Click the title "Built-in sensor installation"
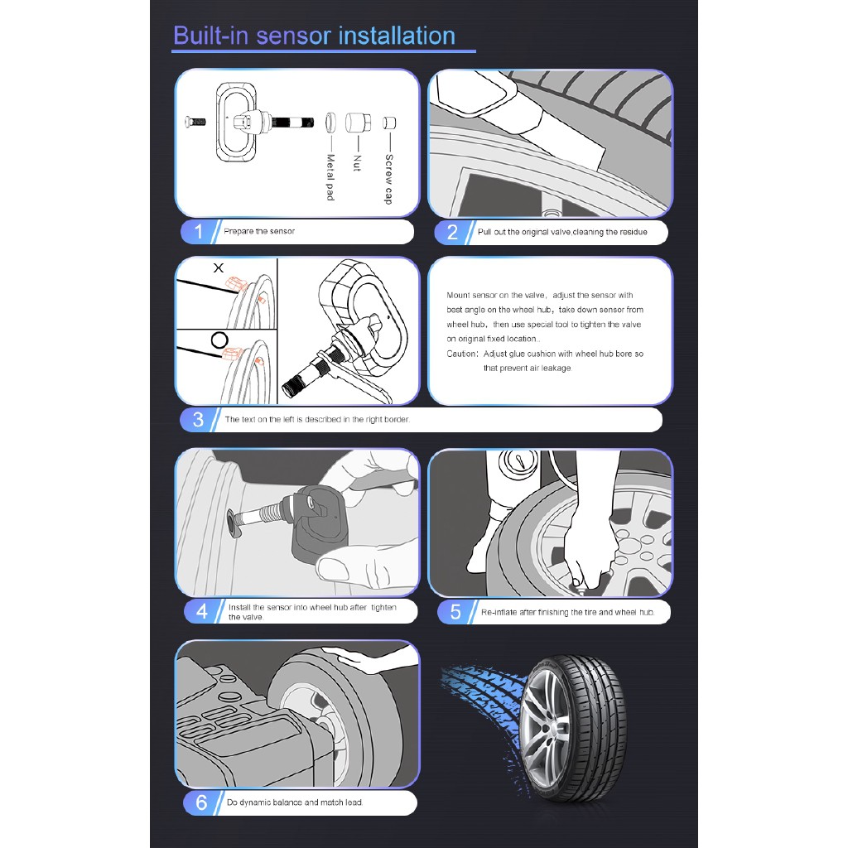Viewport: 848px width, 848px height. tap(314, 36)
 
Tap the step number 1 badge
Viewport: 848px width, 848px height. tap(199, 232)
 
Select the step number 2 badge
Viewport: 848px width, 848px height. tap(453, 232)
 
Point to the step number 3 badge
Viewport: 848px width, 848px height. tap(199, 420)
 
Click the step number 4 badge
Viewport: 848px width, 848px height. tap(202, 612)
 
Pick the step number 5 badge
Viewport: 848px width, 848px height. tap(455, 612)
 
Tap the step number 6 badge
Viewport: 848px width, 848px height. tap(201, 802)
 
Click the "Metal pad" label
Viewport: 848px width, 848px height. tap(330, 177)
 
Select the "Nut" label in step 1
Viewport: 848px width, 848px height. tap(357, 163)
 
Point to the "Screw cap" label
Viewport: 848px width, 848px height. tap(389, 179)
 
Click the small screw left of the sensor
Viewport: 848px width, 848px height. tap(195, 122)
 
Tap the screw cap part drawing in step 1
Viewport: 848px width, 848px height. tap(389, 123)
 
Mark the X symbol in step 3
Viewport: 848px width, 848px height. tap(219, 267)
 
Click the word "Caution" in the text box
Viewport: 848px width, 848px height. tap(461, 354)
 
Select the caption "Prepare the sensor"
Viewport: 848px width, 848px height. tap(259, 232)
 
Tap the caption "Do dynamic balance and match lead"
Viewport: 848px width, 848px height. tap(295, 802)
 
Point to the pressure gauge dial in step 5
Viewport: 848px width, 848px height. tap(518, 461)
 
